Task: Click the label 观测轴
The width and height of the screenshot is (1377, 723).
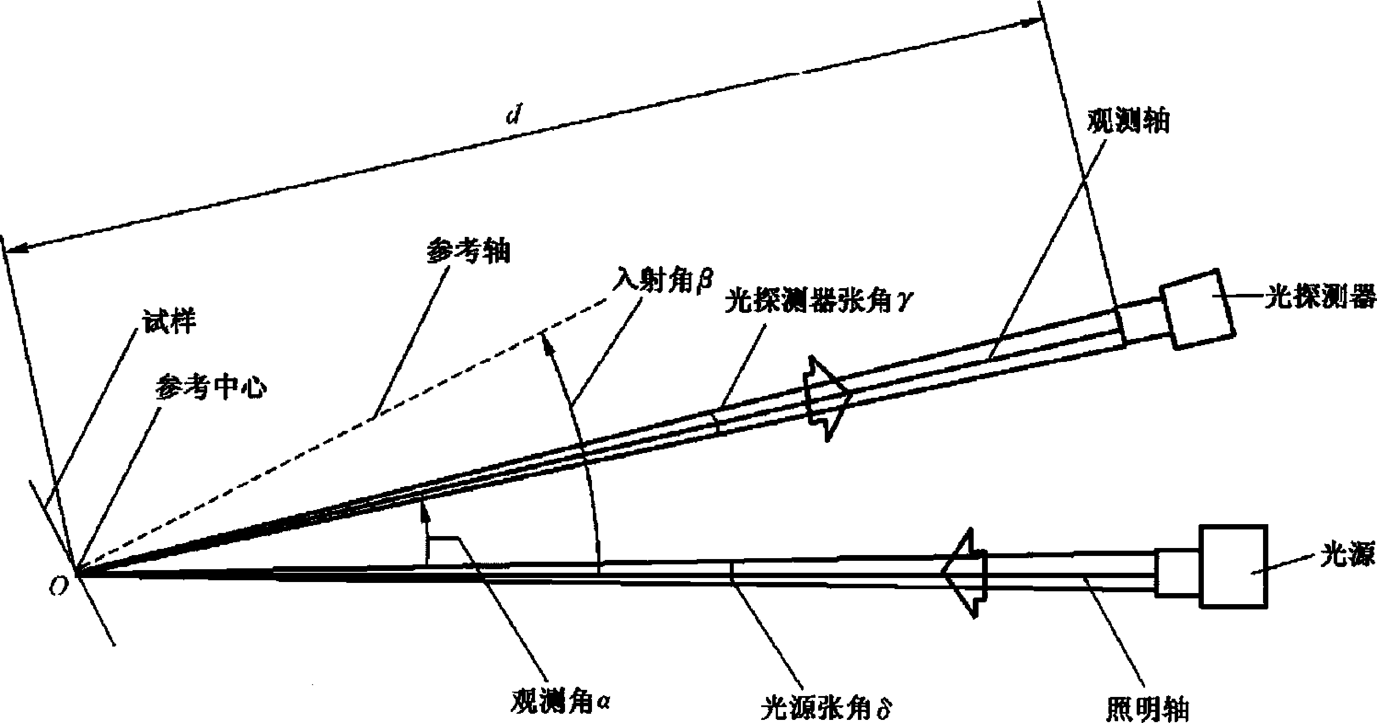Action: coord(1128,122)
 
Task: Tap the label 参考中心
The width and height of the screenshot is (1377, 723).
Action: coord(211,389)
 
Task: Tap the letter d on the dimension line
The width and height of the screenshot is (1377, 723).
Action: coord(514,116)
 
